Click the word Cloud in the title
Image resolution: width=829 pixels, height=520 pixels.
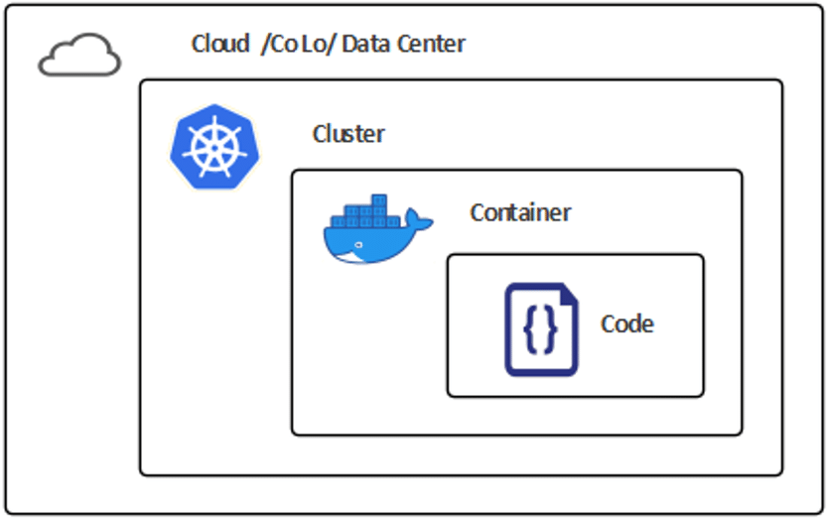pyautogui.click(x=219, y=45)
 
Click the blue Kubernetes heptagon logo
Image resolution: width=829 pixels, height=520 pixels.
pyautogui.click(x=211, y=145)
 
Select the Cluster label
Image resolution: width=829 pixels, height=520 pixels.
pyautogui.click(x=348, y=134)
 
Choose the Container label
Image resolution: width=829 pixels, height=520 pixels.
pyautogui.click(x=520, y=212)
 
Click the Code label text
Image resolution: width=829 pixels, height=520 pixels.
pyautogui.click(x=627, y=325)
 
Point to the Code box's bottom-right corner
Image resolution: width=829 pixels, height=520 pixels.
pyautogui.click(x=702, y=395)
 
